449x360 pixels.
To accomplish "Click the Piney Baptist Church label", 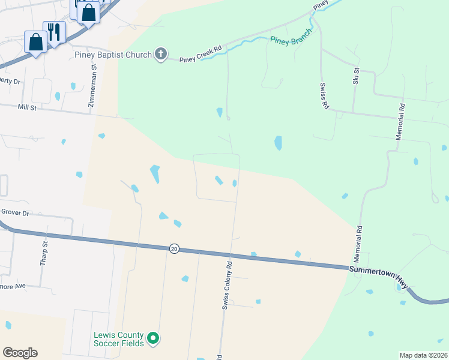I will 113,55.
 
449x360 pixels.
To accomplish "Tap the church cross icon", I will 160,55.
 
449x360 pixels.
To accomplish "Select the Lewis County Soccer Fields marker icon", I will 153,339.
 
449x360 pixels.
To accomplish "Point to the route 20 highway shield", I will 174,248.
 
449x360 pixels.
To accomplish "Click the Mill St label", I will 28,107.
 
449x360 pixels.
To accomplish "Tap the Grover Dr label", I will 15,212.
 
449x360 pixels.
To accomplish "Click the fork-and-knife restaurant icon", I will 54,31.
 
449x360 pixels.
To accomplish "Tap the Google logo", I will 20,352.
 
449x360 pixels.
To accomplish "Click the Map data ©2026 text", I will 423,355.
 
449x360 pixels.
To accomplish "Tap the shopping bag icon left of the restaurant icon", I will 35,41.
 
